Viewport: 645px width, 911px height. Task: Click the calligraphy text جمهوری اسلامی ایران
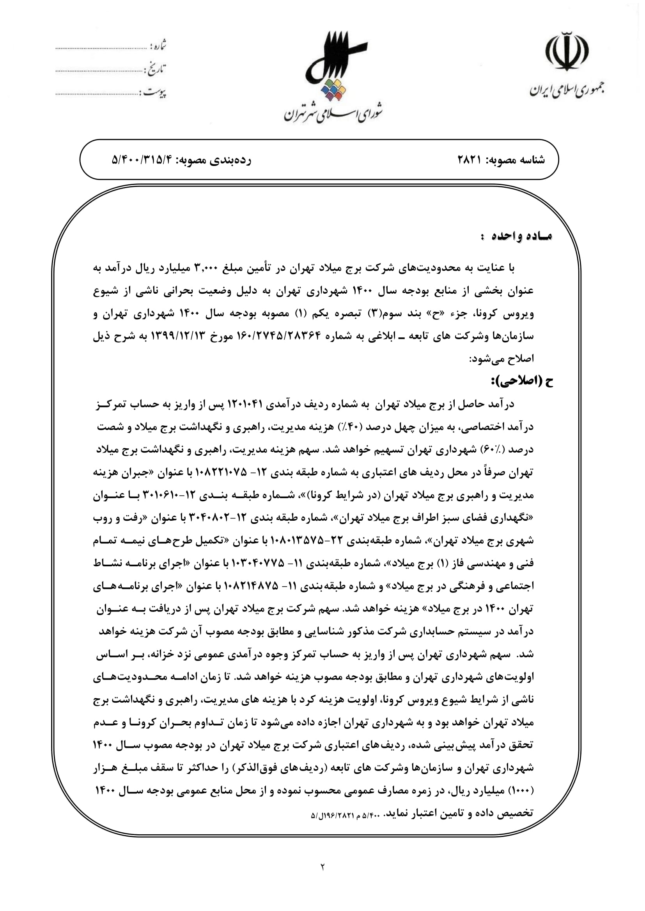[567, 90]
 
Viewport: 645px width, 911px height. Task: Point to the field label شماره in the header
[158, 46]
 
